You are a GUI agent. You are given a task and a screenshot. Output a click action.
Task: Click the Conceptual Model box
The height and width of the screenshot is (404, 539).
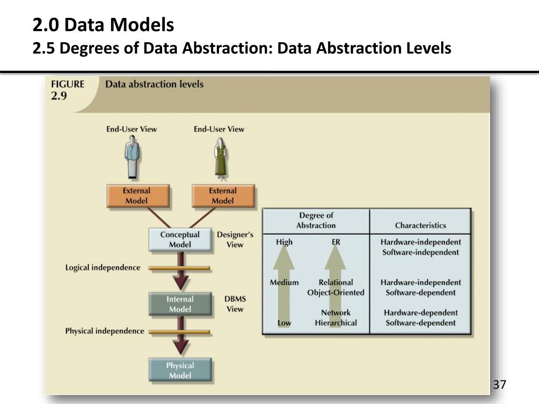coord(180,239)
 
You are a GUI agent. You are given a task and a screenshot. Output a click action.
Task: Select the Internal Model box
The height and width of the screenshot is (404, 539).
coord(180,304)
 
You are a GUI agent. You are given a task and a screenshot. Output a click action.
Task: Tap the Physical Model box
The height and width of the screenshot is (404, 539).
coord(180,370)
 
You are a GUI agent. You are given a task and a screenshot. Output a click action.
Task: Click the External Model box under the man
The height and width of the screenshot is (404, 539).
coord(137,196)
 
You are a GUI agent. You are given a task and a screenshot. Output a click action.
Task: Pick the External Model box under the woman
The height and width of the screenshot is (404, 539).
coord(223,196)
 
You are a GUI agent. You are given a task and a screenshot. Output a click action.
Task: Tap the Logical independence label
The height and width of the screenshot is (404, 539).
coord(103,268)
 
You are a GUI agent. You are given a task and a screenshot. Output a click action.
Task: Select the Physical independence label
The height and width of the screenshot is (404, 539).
coord(104,331)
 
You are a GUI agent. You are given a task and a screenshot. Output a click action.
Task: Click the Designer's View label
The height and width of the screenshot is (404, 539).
coord(235,239)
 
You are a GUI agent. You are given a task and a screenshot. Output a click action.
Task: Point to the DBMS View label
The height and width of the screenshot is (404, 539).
coord(235,304)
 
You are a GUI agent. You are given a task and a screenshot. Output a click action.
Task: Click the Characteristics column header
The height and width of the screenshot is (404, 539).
coord(420,226)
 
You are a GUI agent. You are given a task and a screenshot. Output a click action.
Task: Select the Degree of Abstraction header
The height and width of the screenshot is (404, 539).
coord(316,220)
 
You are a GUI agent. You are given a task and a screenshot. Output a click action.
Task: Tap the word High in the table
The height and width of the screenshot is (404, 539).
coord(284,243)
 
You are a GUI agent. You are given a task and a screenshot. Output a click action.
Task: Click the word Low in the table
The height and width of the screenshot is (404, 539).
coord(284,323)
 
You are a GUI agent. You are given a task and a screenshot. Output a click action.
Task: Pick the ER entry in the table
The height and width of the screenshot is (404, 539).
coord(336,243)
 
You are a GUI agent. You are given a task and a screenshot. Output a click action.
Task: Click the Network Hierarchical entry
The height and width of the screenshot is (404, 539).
coord(336,318)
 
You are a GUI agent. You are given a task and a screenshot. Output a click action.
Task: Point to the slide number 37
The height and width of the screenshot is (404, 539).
coord(499,385)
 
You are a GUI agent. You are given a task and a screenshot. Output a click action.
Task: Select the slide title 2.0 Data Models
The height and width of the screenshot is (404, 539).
coord(103,25)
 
